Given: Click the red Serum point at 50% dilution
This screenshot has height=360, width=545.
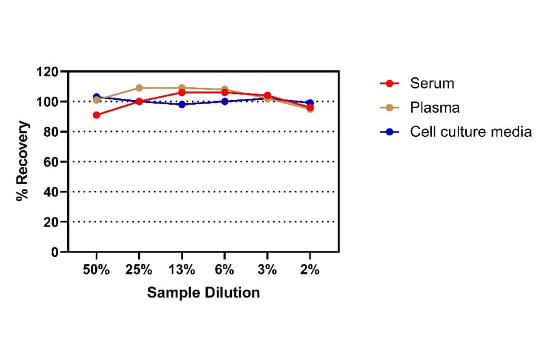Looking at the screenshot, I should (x=96, y=115).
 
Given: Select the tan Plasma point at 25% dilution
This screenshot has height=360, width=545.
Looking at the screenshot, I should (x=139, y=88).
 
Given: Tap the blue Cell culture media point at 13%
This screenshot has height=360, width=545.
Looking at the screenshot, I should (x=182, y=104).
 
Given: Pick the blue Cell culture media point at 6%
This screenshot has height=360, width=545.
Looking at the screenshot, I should (x=225, y=101).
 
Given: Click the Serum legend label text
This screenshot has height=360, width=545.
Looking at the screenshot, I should (x=432, y=83).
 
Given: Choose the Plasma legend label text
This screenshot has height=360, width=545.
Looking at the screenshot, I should (x=435, y=108).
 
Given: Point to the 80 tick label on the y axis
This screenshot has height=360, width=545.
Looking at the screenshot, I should (x=51, y=132).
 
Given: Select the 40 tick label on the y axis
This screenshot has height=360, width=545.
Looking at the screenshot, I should (x=51, y=192).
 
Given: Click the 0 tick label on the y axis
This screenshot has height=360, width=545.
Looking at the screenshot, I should (x=54, y=252).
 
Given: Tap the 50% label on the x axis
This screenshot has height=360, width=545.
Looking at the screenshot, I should (x=96, y=270).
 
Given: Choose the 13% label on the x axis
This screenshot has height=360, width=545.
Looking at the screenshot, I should (x=182, y=270).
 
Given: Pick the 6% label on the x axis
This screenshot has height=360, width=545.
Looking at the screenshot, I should (x=225, y=270).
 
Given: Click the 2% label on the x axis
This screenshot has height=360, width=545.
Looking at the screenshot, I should (x=309, y=270).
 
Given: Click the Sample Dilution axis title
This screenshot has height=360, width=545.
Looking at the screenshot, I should (x=203, y=293).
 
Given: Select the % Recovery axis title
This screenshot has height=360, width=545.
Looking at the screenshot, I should (x=23, y=161).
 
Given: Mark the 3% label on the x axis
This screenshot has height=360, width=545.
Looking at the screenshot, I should (x=267, y=270).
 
